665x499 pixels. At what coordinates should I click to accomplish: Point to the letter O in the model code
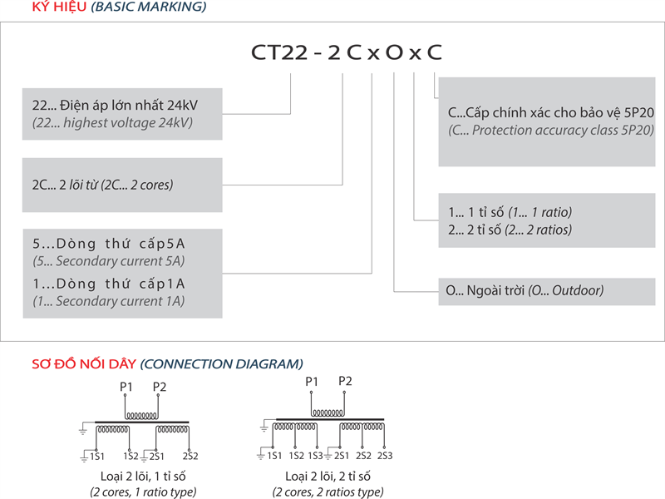pos(394,52)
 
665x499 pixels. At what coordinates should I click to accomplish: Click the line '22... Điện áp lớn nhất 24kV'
pos(116,106)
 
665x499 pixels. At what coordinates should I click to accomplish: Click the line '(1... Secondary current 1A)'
pos(108,302)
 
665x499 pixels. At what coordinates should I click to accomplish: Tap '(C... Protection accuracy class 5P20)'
pos(551,131)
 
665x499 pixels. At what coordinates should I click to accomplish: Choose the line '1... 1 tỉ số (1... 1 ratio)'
pos(509,212)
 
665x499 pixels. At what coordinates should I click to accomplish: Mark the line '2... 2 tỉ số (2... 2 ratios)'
pos(509,230)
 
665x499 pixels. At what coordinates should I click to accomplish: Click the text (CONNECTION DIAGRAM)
pos(222,363)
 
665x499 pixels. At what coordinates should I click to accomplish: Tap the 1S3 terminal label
pos(316,456)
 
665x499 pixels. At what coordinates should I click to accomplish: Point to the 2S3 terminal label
pos(385,456)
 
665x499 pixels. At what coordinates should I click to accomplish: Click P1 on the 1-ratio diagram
pos(126,387)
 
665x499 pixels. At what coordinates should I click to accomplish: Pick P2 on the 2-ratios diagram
pos(346,381)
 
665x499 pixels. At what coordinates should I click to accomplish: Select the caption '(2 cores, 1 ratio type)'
pos(144,492)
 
